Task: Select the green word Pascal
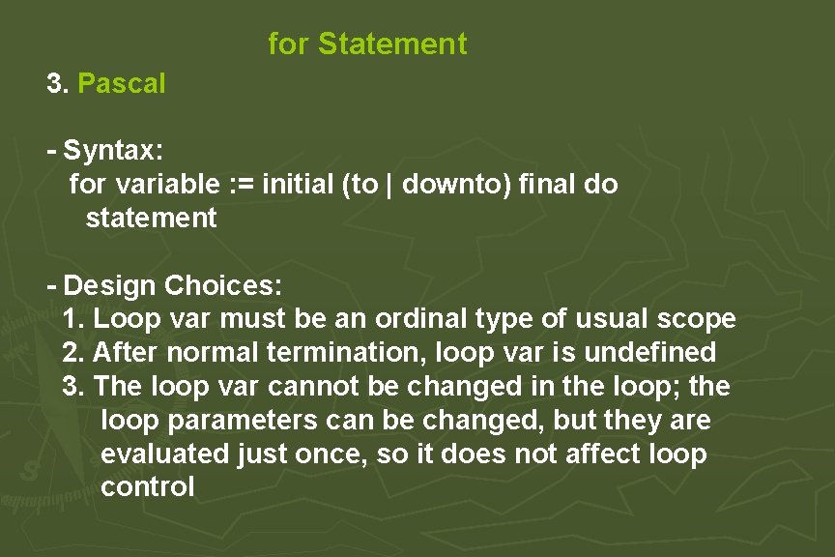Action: pyautogui.click(x=122, y=84)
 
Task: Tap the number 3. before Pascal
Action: pyautogui.click(x=58, y=84)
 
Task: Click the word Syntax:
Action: pyautogui.click(x=113, y=151)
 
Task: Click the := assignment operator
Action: pyautogui.click(x=233, y=184)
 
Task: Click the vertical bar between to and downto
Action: pyautogui.click(x=389, y=184)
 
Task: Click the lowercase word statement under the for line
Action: pyautogui.click(x=152, y=218)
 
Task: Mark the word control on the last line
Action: pyautogui.click(x=147, y=487)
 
